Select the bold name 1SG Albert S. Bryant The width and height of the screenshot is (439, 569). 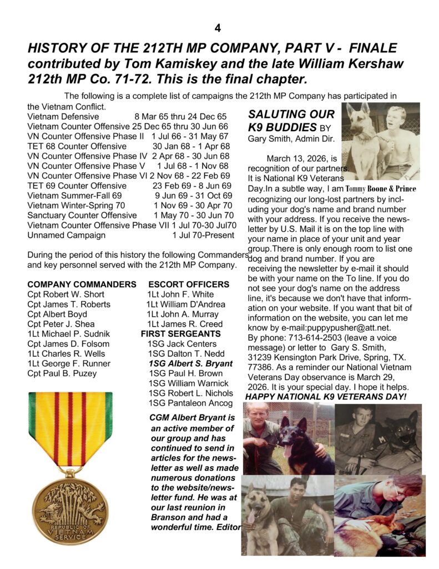pos(190,364)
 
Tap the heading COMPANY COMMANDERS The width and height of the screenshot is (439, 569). pos(82,284)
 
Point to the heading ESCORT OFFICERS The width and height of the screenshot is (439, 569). pos(189,284)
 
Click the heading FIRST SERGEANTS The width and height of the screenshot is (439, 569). pos(180,334)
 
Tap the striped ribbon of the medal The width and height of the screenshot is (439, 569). pos(70,428)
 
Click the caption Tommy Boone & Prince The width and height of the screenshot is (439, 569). pos(384,188)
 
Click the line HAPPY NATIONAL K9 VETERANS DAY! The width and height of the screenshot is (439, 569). pos(326,397)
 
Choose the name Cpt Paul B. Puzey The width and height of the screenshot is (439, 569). pos(62,373)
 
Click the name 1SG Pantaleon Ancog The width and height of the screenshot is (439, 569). pos(190,403)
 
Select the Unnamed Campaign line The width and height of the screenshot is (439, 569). pos(66,235)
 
